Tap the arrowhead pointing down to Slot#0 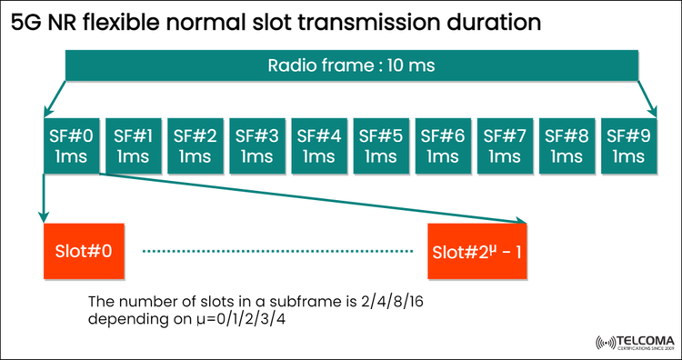click(x=42, y=217)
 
